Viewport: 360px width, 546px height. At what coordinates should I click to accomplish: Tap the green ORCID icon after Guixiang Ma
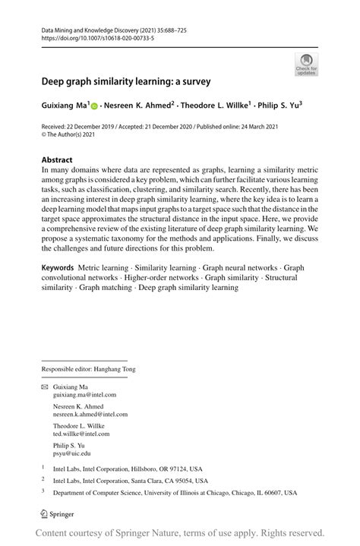pos(96,106)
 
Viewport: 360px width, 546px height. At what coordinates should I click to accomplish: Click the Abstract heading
pos(57,160)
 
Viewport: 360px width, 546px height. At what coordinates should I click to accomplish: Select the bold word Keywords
pos(58,268)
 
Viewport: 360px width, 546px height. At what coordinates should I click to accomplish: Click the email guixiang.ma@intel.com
pos(84,395)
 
